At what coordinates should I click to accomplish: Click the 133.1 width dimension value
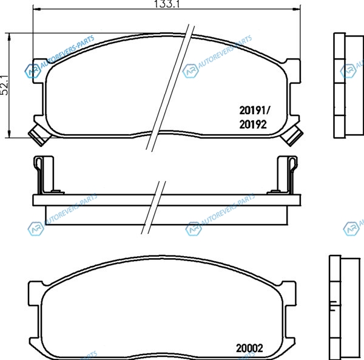(167, 4)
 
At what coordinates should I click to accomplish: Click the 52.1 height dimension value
(4, 85)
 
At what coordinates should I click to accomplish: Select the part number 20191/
(255, 110)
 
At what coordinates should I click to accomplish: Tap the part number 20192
(253, 124)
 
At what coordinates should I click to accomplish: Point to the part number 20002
(249, 348)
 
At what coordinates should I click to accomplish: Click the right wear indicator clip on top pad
(292, 135)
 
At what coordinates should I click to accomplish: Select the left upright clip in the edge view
(44, 175)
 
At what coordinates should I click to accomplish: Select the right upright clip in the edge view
(287, 175)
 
